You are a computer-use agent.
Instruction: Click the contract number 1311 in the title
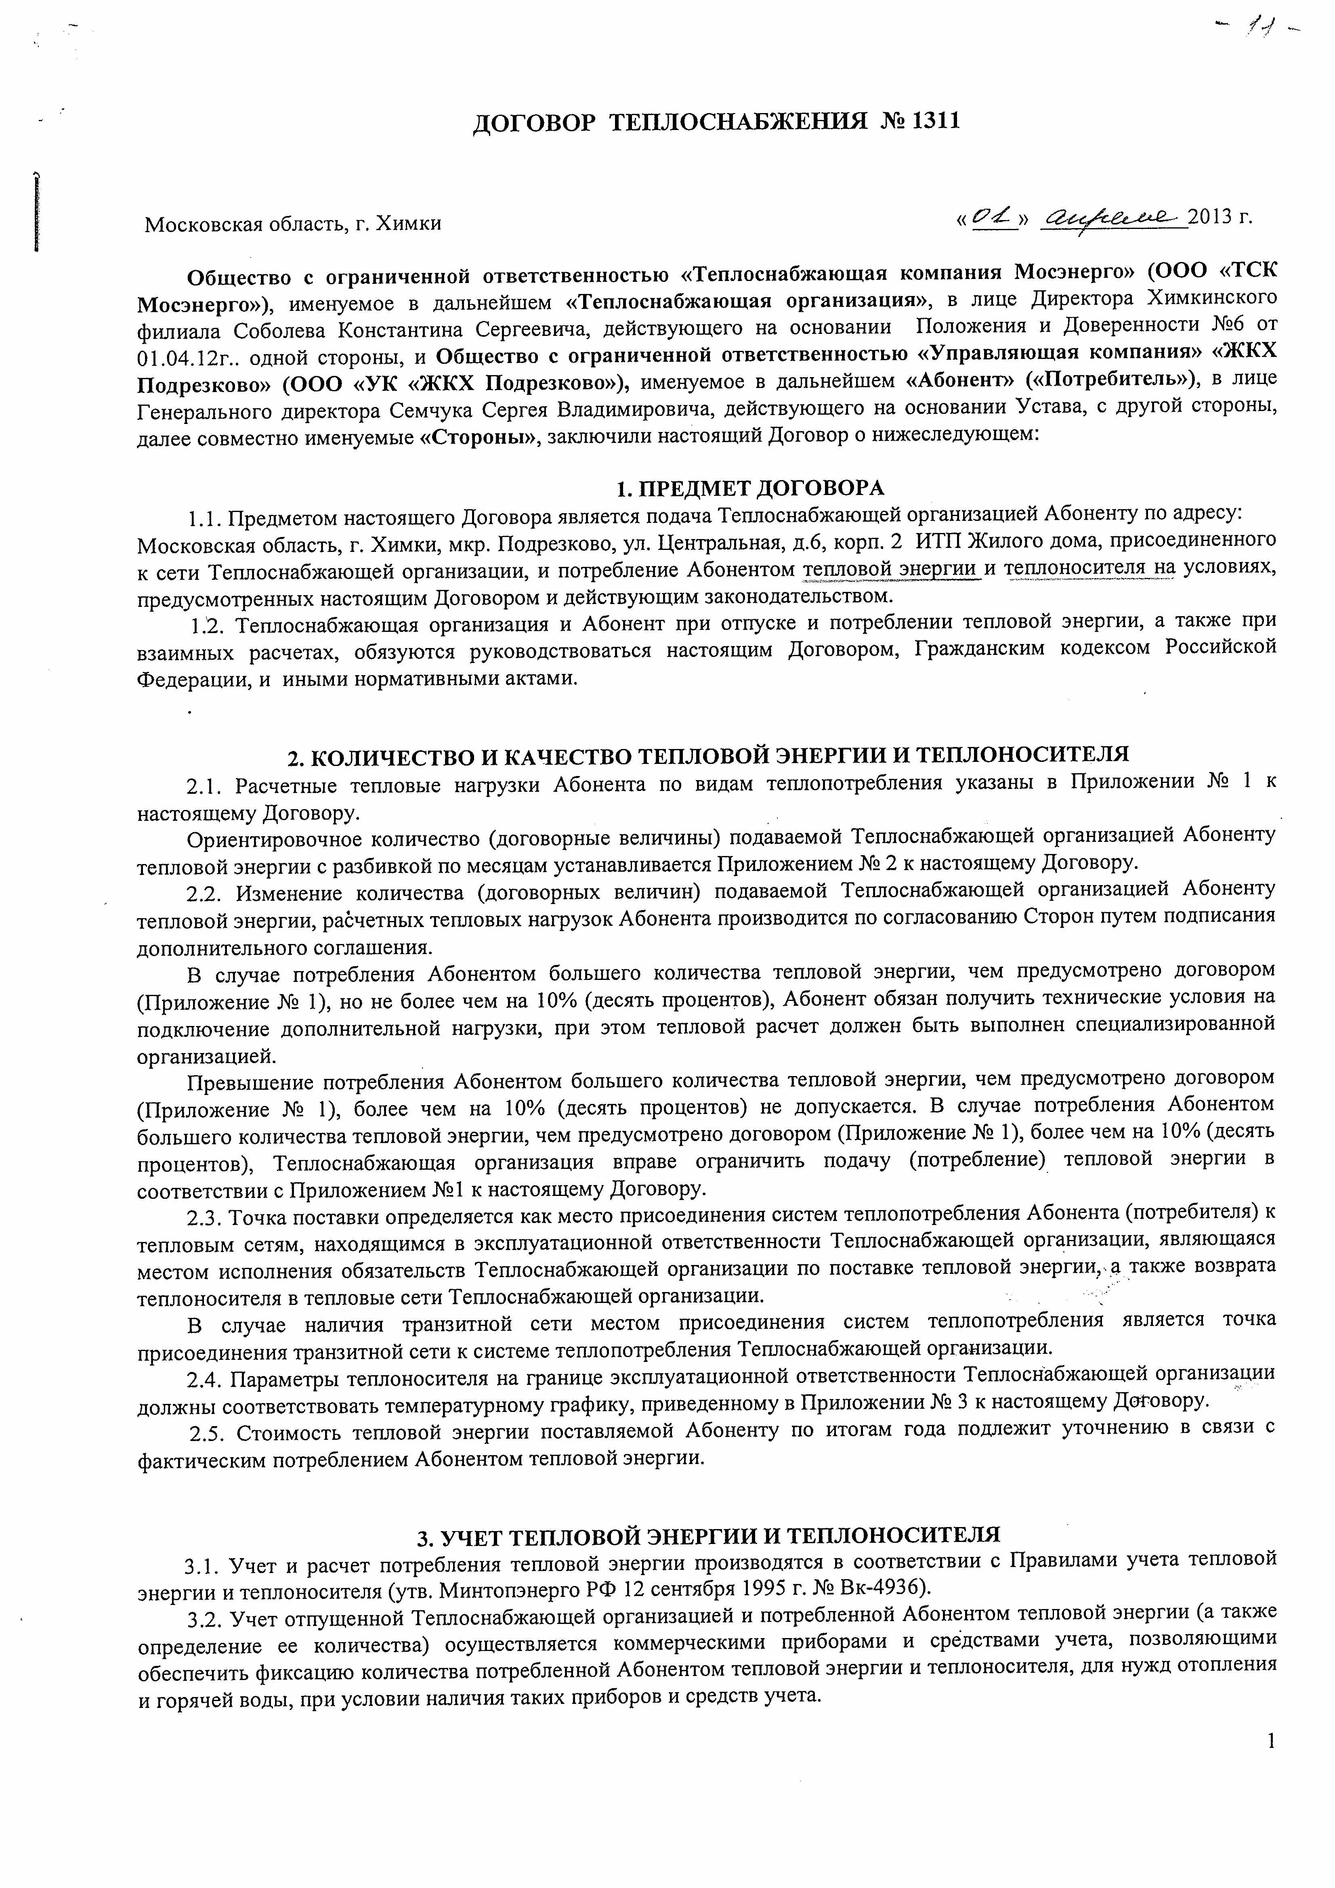pos(936,122)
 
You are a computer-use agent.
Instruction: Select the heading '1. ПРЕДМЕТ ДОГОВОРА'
pos(750,489)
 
